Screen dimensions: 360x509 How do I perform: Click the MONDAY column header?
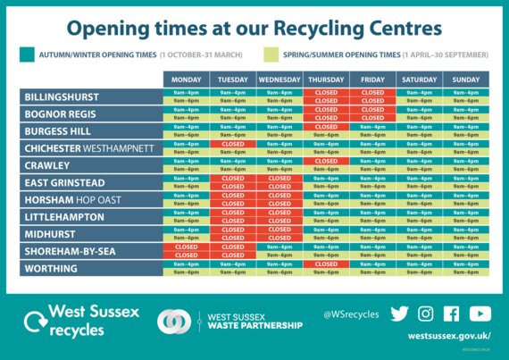[187, 80]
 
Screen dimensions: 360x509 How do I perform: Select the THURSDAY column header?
[326, 80]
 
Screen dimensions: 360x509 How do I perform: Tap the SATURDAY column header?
[420, 80]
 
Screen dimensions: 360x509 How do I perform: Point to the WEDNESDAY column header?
[280, 80]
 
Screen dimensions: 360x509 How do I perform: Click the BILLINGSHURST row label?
[62, 97]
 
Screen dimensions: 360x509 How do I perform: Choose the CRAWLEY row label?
[47, 166]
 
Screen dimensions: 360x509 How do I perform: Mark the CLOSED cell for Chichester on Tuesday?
[233, 144]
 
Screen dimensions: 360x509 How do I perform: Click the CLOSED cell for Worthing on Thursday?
[326, 264]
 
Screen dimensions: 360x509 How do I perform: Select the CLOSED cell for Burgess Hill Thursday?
[326, 127]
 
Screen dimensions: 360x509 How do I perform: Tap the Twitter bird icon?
[399, 314]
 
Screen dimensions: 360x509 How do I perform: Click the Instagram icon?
[425, 314]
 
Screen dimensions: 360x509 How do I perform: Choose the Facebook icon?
[451, 314]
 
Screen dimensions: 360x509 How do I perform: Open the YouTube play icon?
[480, 314]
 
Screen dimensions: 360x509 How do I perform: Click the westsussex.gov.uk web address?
[449, 336]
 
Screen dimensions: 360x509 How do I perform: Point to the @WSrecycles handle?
[351, 314]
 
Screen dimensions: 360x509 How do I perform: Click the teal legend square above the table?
[27, 54]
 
